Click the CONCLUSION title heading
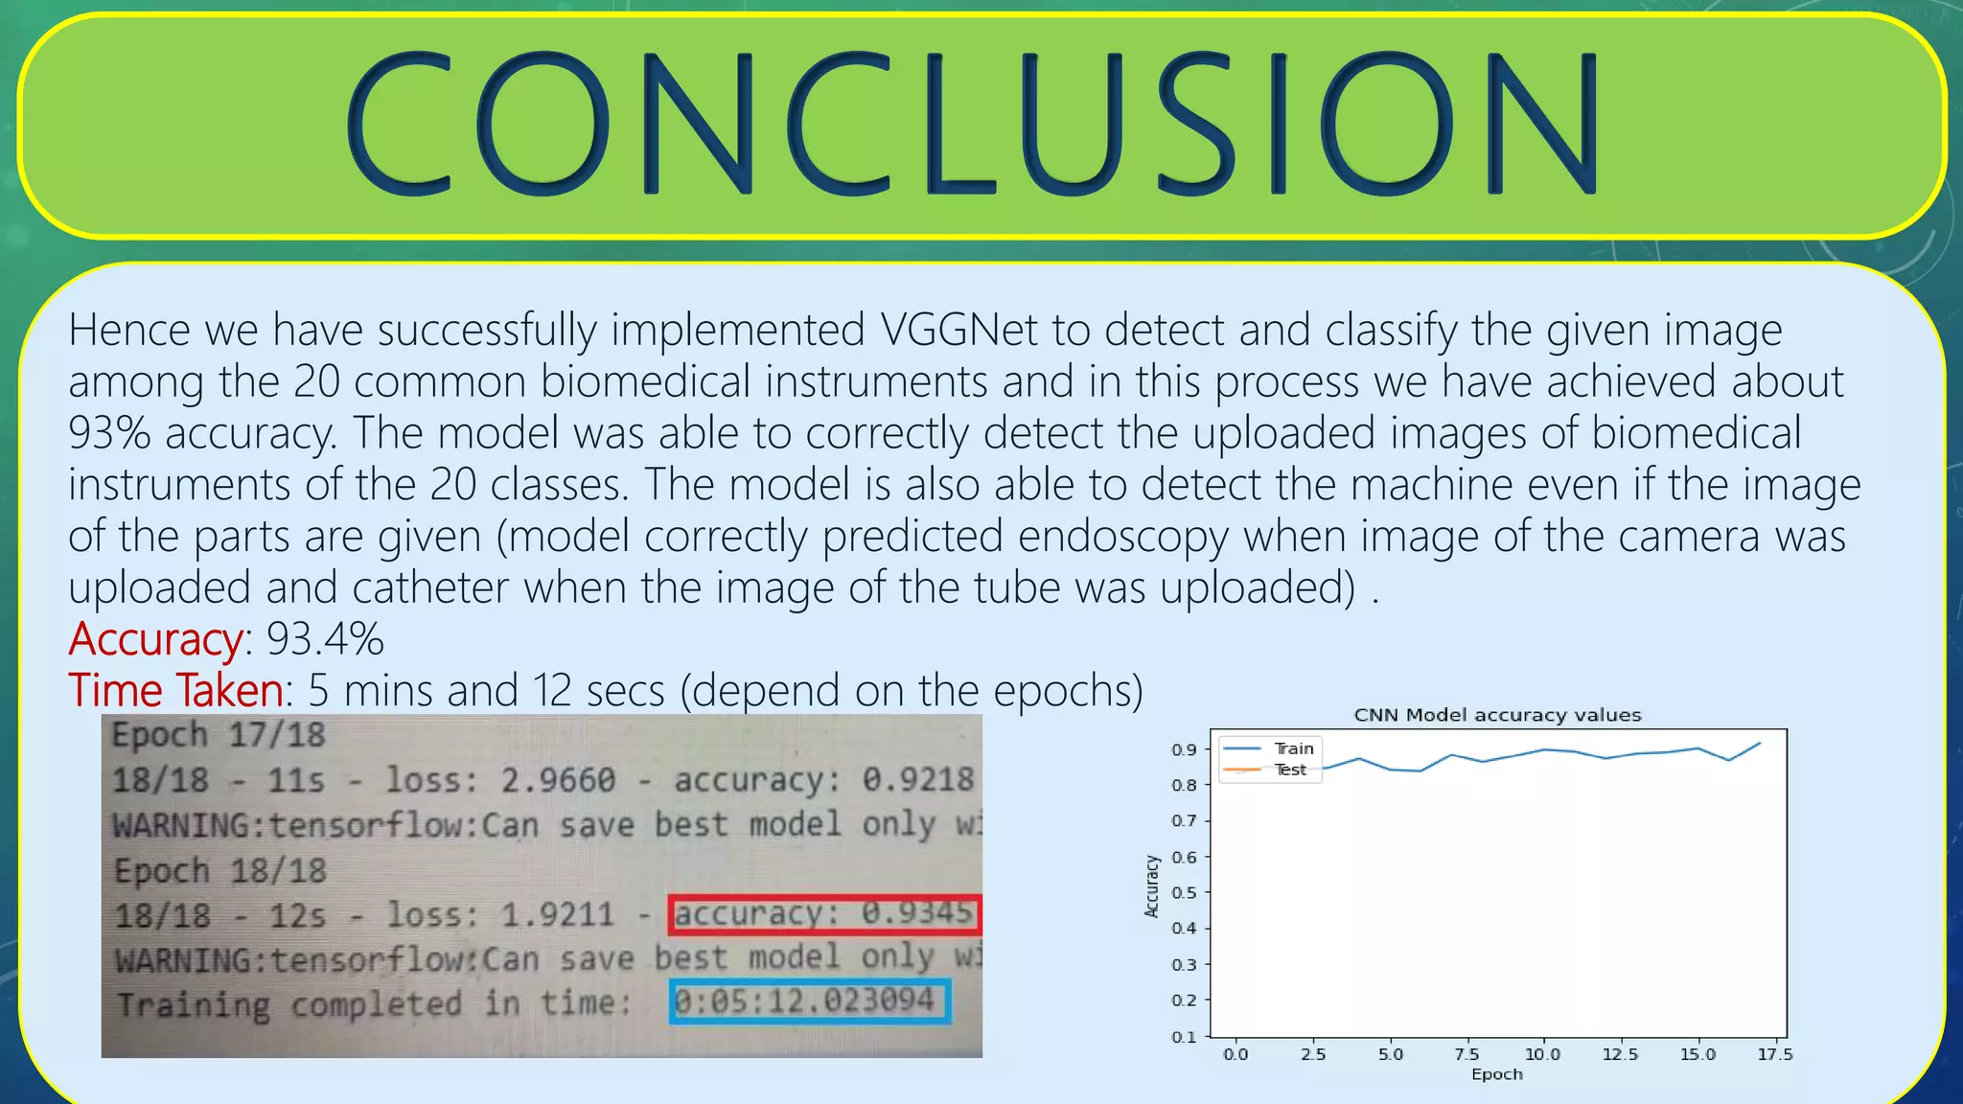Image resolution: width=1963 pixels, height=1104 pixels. (972, 125)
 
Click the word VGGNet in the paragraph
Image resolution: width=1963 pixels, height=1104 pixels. (958, 331)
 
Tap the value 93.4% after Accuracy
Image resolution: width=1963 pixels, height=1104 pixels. (325, 639)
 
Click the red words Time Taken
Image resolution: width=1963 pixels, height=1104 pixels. (176, 691)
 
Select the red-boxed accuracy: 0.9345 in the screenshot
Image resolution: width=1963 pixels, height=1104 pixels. (824, 913)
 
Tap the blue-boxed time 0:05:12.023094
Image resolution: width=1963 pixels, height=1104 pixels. (807, 1001)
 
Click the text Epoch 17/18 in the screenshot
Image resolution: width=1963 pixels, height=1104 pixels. (219, 736)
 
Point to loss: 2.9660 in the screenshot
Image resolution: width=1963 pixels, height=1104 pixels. (500, 780)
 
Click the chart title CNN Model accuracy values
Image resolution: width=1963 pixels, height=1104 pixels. (1496, 715)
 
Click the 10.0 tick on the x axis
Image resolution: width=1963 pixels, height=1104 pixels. (1542, 1054)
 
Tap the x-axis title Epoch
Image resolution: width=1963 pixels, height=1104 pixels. (1496, 1074)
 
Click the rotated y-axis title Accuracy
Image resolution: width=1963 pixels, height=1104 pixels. (1152, 886)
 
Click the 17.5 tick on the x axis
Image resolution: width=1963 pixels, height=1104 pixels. (1774, 1054)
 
